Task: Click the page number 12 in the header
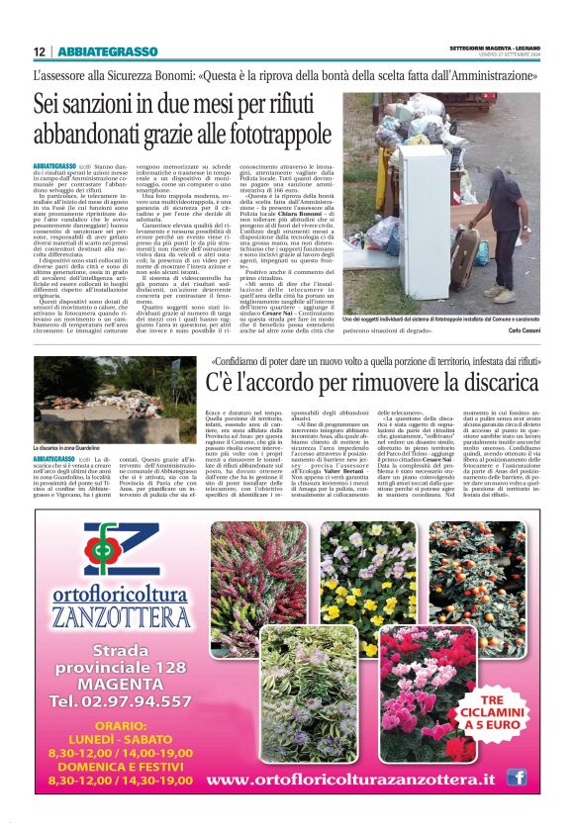click(39, 51)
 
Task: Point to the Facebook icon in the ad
click(516, 778)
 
